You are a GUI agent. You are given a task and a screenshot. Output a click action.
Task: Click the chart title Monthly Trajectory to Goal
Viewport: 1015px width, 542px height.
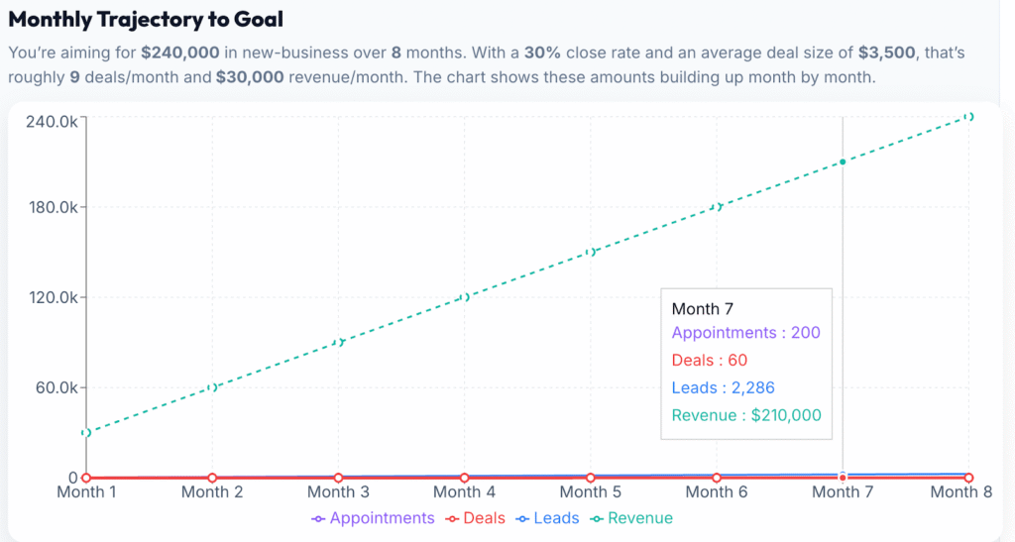(146, 20)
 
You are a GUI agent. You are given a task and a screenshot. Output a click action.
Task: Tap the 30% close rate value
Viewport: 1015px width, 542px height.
(541, 52)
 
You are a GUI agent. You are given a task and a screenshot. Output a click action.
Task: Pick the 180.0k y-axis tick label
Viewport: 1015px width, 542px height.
(53, 207)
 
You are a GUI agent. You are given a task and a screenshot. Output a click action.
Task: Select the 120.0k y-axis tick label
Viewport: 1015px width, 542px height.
(53, 297)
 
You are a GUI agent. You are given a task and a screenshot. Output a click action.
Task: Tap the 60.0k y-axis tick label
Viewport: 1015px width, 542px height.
(56, 387)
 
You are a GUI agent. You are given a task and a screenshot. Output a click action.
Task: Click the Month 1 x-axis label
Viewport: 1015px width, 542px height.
(86, 491)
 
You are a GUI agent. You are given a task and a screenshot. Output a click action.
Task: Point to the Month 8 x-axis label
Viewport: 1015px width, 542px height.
(961, 491)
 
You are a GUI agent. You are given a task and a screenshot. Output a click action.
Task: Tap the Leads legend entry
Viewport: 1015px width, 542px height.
(551, 518)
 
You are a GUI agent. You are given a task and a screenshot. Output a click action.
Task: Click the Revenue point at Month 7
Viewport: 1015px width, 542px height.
(843, 162)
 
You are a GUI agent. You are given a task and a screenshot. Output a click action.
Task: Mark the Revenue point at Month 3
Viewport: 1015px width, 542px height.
(338, 343)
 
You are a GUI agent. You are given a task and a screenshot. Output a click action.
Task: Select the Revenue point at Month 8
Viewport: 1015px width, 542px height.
(968, 117)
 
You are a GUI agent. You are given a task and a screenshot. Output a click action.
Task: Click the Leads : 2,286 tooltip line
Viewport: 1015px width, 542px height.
(723, 387)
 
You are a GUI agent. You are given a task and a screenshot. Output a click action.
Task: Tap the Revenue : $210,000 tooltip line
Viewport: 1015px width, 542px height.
(746, 415)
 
